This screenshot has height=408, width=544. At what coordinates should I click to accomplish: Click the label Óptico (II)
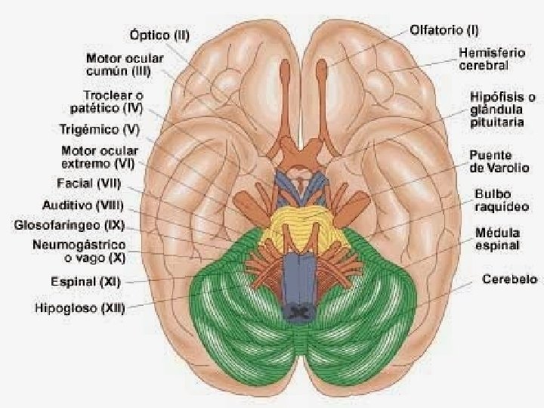pos(159,36)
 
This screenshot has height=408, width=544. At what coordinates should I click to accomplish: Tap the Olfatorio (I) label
pos(444,31)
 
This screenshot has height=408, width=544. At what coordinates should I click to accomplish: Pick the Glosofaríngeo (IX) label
pos(69,225)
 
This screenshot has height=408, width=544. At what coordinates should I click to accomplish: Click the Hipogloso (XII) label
pos(79,307)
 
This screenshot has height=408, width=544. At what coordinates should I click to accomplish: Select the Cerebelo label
pos(510,280)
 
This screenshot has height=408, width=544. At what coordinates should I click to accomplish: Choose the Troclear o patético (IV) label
pos(114,101)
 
